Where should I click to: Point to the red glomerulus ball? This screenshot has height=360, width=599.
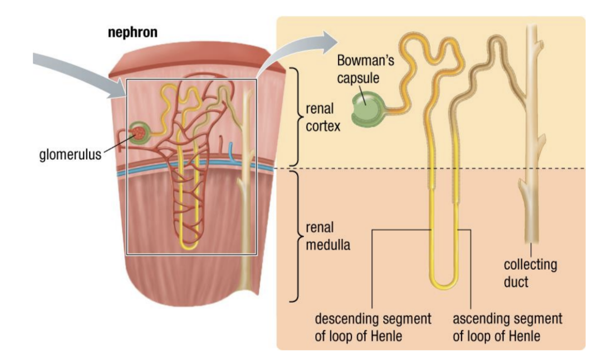138,133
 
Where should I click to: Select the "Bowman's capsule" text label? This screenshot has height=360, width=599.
359,69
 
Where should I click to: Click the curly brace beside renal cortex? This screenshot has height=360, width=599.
295,116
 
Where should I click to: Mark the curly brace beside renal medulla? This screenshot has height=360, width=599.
295,236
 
